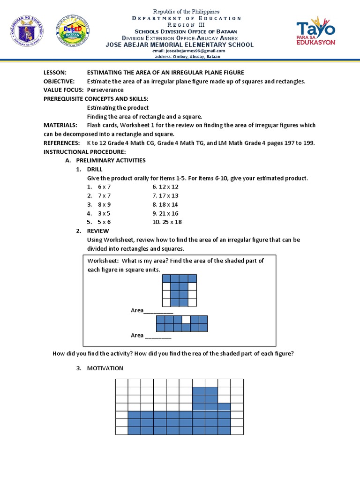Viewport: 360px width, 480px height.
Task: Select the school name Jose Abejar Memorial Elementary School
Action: click(x=180, y=45)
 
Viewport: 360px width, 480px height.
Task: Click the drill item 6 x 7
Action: click(x=104, y=187)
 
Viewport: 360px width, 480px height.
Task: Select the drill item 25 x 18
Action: click(x=167, y=222)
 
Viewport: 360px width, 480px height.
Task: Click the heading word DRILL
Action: click(x=95, y=169)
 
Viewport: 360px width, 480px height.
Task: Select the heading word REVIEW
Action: click(x=98, y=231)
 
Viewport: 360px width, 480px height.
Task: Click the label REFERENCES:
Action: click(x=61, y=143)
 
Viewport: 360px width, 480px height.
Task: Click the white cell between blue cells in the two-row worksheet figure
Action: click(x=186, y=320)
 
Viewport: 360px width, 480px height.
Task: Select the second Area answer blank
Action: click(x=158, y=336)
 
